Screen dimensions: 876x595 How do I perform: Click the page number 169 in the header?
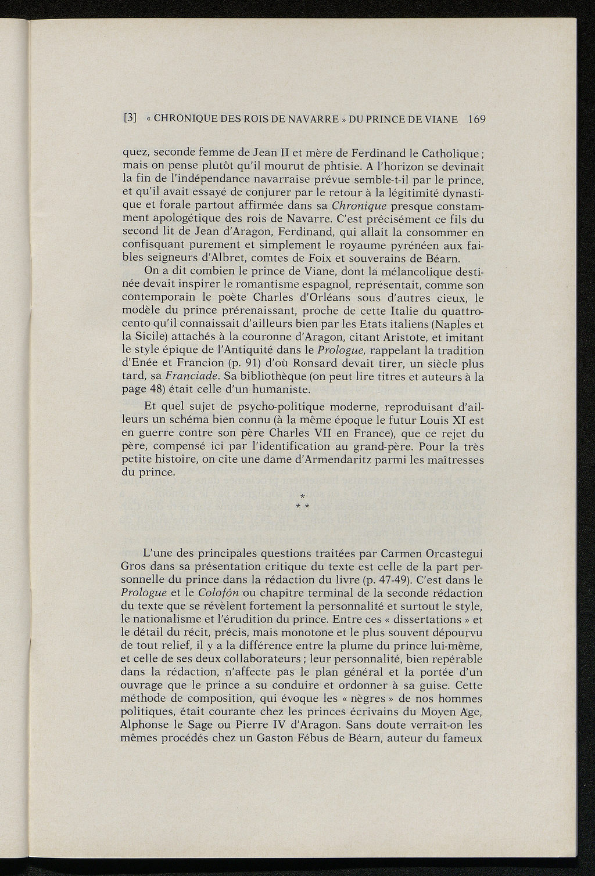(475, 119)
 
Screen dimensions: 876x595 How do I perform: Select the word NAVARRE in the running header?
(300, 119)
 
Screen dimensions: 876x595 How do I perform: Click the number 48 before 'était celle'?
(155, 390)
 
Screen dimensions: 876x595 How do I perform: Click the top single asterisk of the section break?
(302, 496)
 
